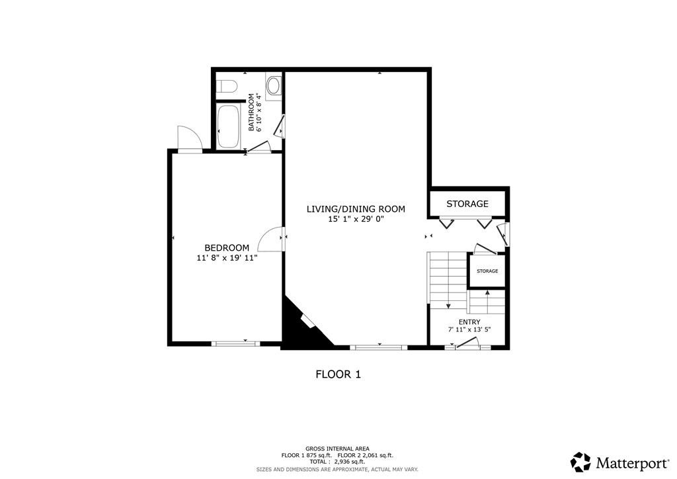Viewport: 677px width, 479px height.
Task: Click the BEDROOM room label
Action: point(227,247)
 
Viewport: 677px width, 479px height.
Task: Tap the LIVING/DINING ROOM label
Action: point(356,209)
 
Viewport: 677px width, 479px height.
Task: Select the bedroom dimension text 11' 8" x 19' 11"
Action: point(227,258)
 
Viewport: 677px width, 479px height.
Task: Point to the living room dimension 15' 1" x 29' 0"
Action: point(356,219)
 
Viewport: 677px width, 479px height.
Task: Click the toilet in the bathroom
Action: point(227,86)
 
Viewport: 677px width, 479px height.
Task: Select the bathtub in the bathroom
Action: point(229,126)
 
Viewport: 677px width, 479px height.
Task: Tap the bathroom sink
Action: point(274,85)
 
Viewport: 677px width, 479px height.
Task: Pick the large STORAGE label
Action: point(467,204)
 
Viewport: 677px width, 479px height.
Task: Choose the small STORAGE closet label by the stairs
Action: point(487,271)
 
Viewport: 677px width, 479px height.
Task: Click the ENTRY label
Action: point(469,322)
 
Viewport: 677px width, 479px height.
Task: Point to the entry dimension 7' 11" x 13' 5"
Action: point(469,329)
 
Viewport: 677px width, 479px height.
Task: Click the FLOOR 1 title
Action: point(338,374)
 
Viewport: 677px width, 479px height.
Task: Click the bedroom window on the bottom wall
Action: point(235,343)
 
